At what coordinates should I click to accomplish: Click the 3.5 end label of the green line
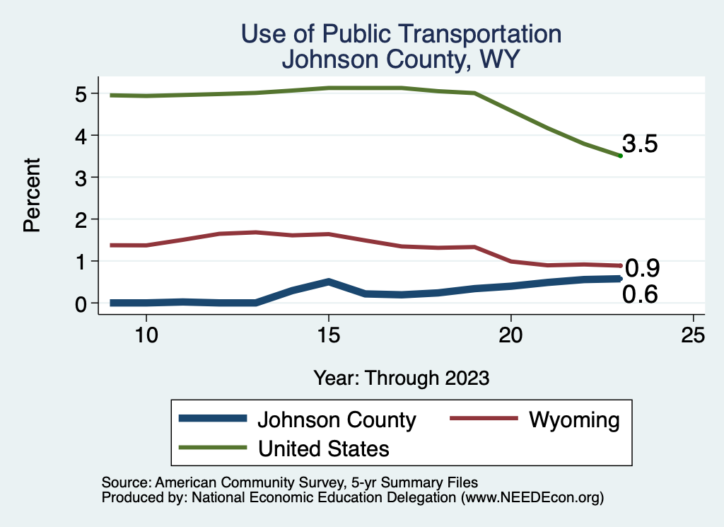[x=641, y=144]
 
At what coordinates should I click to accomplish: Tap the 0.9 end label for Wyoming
[x=643, y=268]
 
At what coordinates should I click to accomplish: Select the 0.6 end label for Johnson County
[x=640, y=294]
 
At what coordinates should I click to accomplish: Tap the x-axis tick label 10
[x=146, y=335]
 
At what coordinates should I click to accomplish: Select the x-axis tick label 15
[x=328, y=335]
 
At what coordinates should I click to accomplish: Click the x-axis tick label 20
[x=510, y=335]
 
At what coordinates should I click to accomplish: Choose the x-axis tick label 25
[x=693, y=335]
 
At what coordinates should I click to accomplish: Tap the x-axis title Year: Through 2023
[x=402, y=378]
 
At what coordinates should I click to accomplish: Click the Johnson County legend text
[x=337, y=419]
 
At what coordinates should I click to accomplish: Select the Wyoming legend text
[x=574, y=419]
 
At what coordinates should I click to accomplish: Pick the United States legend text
[x=324, y=448]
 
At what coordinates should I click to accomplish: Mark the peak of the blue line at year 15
[x=328, y=282]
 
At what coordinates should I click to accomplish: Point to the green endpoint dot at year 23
[x=620, y=156]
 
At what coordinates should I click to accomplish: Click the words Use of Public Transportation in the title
[x=401, y=34]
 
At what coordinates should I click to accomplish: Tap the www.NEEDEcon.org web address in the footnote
[x=532, y=498]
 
